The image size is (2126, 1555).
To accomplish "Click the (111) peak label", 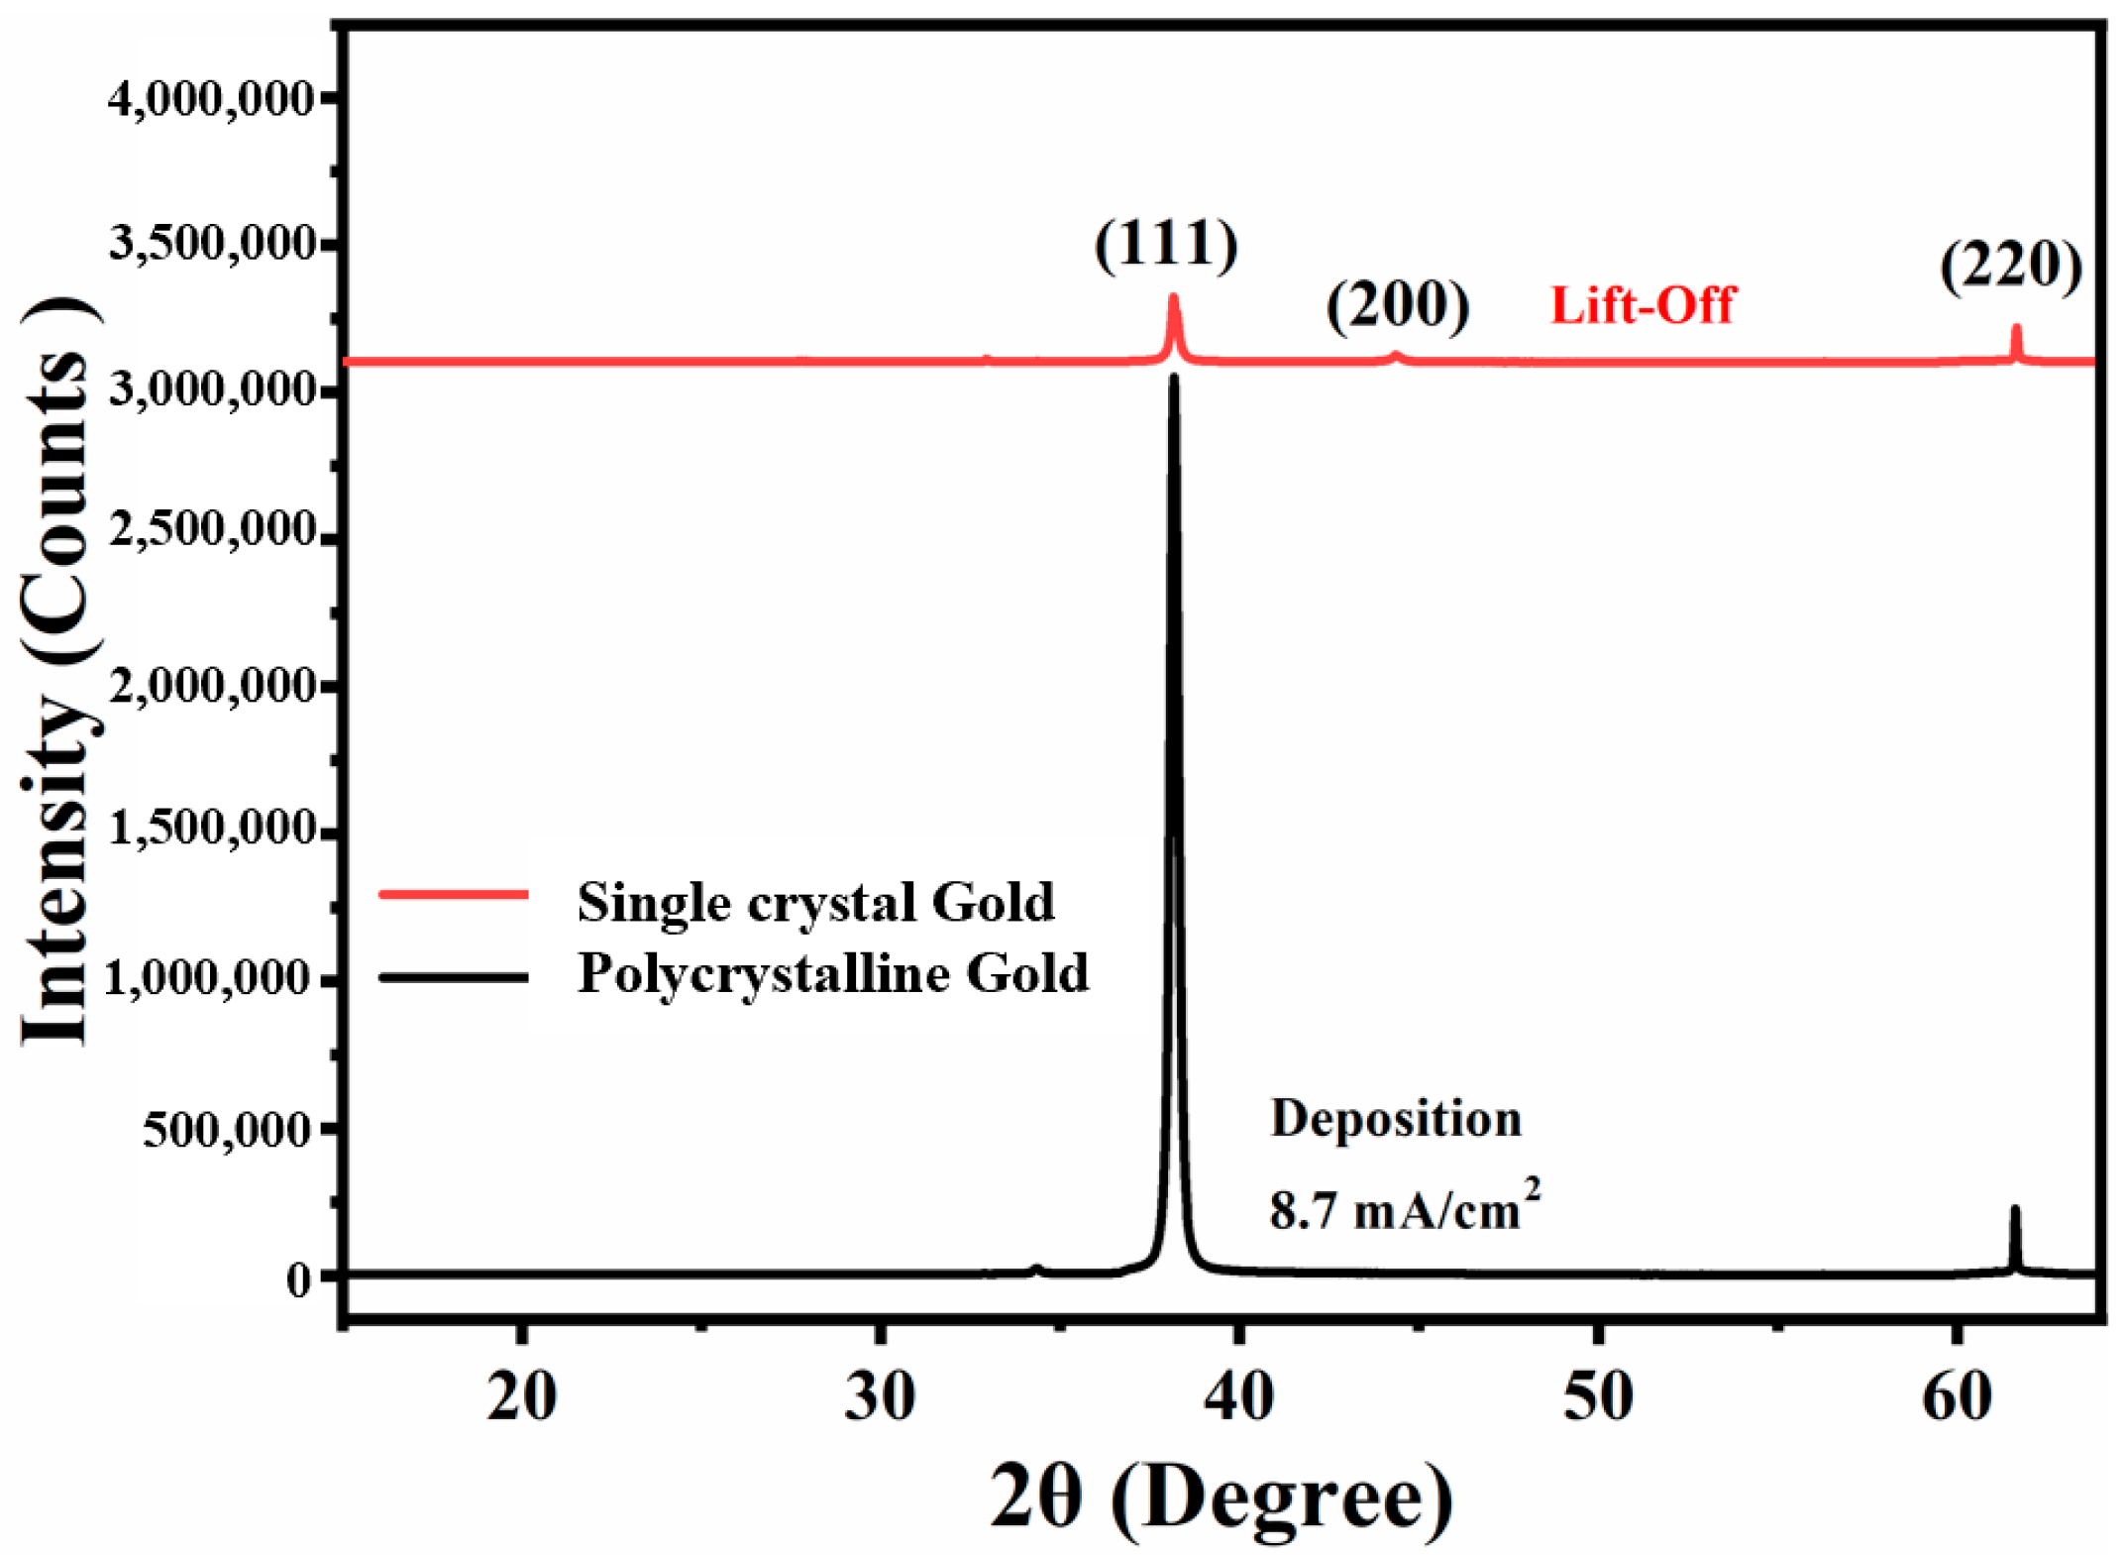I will [x=1165, y=244].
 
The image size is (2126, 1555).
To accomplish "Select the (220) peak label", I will [x=2010, y=265].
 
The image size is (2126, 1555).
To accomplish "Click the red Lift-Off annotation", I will [x=1642, y=304].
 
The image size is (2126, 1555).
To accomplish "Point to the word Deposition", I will [x=1395, y=1118].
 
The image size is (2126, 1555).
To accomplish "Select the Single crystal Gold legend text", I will [x=814, y=901].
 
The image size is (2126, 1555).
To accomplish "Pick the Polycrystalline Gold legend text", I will [x=832, y=972].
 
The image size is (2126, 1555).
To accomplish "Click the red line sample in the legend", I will [x=454, y=894].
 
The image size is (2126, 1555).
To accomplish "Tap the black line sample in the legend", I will [x=454, y=977].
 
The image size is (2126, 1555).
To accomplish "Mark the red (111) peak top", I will [x=1174, y=298].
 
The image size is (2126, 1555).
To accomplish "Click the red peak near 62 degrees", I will [x=2015, y=328].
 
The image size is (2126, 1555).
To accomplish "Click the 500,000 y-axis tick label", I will [x=227, y=1128].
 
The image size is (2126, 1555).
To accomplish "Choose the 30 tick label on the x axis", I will [x=879, y=1397].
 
